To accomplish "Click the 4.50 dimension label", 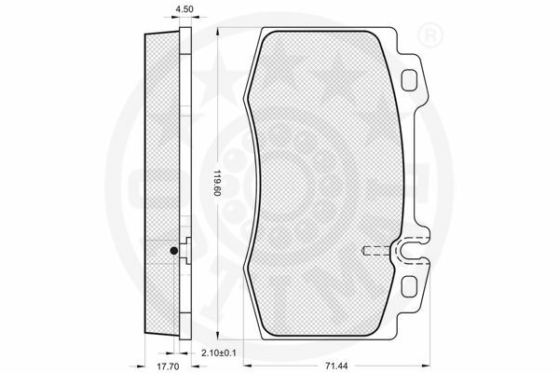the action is tap(184, 9).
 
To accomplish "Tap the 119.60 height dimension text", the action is tap(215, 183).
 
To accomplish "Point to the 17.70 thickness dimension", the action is tap(168, 366).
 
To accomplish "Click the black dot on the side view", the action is tap(174, 251).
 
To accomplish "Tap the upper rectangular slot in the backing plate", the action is tap(409, 79).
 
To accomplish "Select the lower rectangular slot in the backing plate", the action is tap(409, 286).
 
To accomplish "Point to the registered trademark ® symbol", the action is tap(429, 35).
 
